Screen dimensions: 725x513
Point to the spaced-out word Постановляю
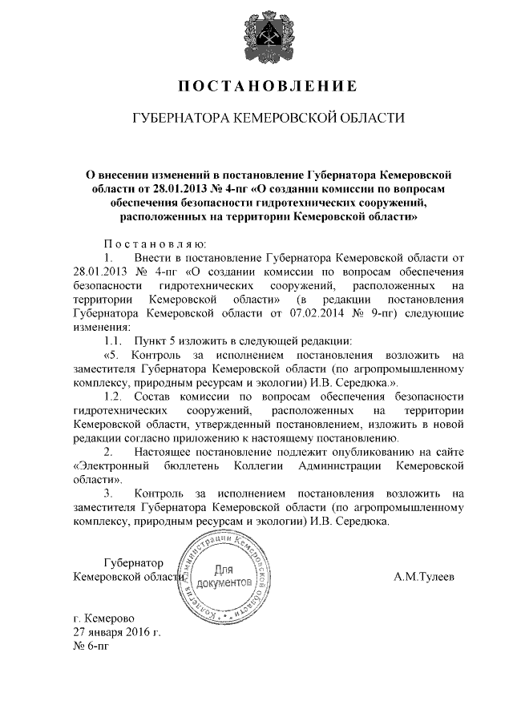pyautogui.click(x=156, y=244)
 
